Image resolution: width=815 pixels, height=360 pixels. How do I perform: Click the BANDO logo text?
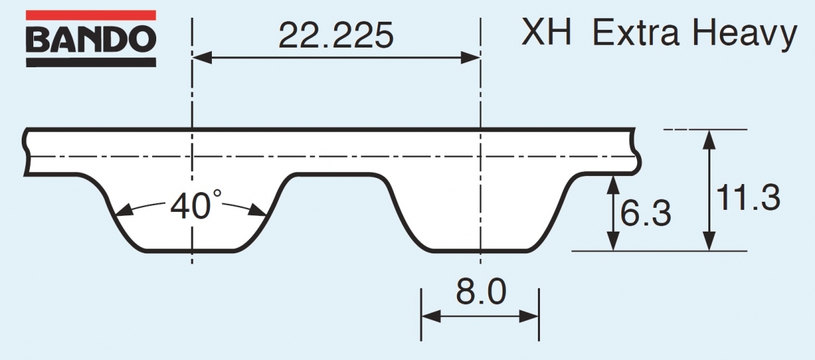(x=90, y=40)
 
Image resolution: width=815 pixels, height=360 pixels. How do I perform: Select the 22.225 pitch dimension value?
(x=336, y=35)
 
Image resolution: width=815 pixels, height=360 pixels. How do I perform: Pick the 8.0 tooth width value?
(x=481, y=293)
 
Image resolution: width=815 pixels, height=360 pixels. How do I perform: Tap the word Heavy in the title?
(x=747, y=33)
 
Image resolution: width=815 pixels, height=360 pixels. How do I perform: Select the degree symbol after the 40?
(x=218, y=194)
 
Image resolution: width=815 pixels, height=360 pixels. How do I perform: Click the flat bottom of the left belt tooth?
(x=192, y=251)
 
